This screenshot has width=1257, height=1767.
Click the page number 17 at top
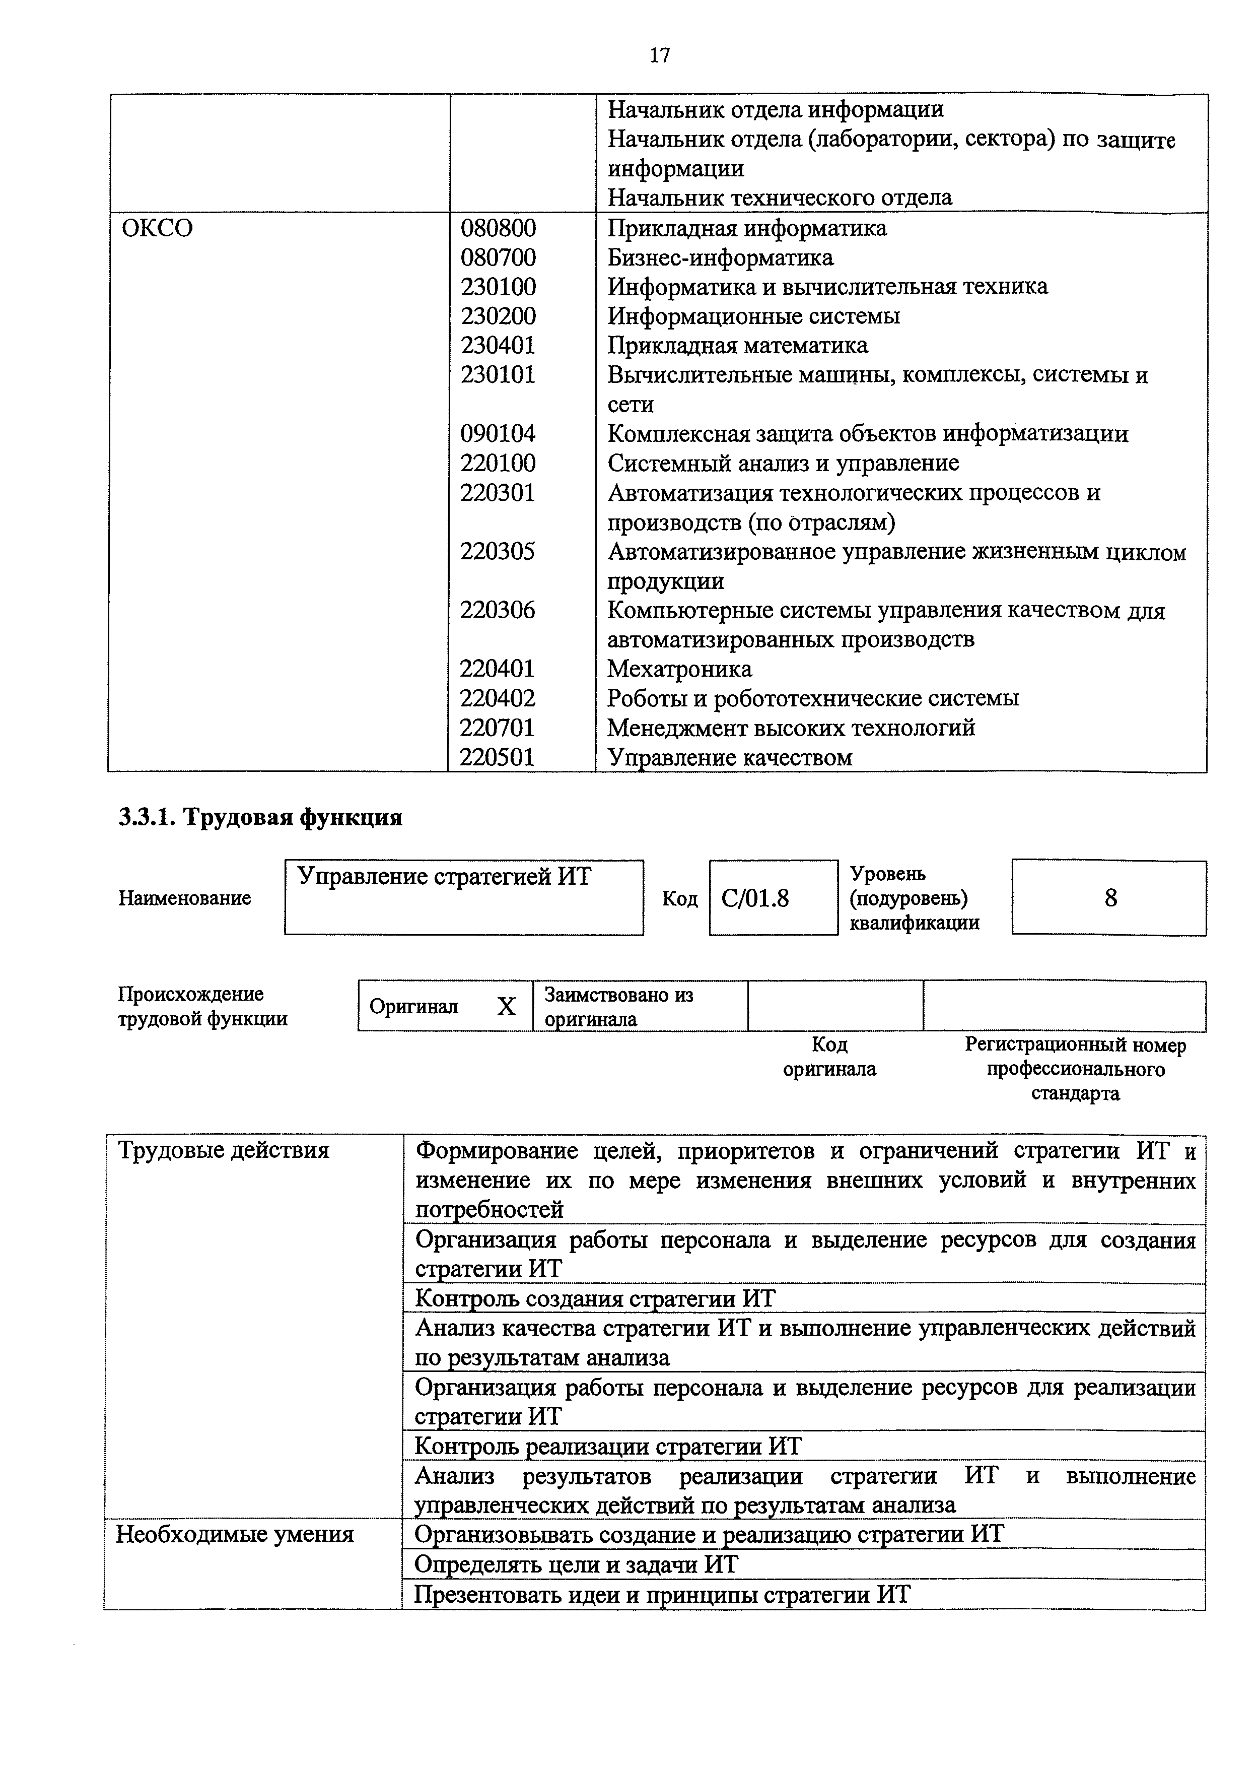tap(659, 55)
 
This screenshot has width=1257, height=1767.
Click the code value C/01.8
tap(755, 898)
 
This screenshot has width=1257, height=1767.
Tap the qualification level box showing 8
tap(1110, 898)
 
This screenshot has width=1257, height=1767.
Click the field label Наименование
tap(184, 898)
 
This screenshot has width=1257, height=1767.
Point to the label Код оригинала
tap(829, 1057)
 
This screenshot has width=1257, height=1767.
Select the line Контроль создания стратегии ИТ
tap(594, 1298)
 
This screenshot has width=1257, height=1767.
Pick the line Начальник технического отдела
tap(780, 198)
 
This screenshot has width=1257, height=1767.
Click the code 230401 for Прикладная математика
tap(498, 345)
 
